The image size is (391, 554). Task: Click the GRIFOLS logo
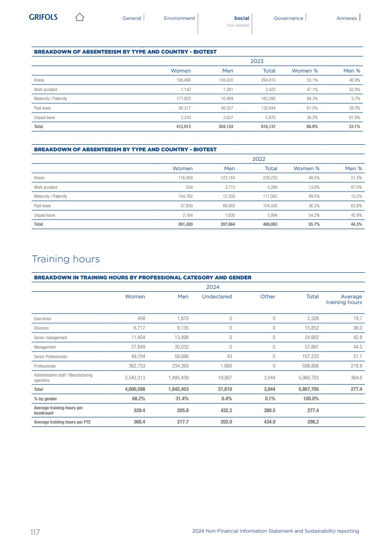click(43, 18)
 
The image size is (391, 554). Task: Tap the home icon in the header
click(80, 18)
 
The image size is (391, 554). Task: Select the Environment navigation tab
click(179, 18)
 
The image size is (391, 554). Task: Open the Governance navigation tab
click(288, 18)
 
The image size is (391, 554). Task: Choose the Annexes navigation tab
click(346, 18)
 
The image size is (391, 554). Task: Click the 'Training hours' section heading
click(66, 259)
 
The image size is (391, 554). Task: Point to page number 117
click(35, 532)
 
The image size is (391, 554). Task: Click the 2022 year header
click(259, 159)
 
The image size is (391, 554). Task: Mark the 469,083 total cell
click(269, 224)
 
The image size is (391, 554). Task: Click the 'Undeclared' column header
click(217, 296)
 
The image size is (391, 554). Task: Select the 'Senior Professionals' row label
click(51, 356)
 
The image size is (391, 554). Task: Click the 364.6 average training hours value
click(355, 378)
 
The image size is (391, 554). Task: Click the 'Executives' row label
click(43, 319)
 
